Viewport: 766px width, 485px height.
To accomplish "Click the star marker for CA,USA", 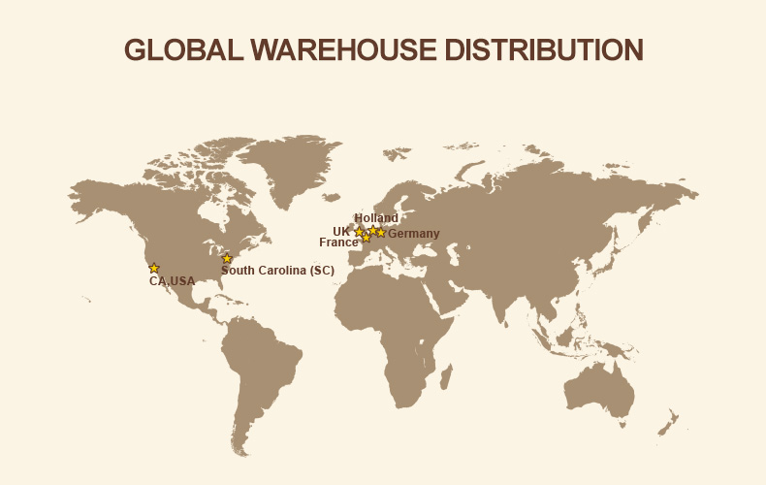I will (154, 268).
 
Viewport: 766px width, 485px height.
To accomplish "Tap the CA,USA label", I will (172, 281).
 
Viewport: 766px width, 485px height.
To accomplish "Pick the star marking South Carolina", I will (227, 258).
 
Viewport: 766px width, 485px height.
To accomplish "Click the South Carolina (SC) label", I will (277, 271).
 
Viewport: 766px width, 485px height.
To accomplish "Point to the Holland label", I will (376, 218).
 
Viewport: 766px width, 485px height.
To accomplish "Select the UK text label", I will (341, 232).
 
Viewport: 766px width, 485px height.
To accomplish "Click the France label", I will (338, 242).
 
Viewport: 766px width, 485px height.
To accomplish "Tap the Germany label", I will (414, 234).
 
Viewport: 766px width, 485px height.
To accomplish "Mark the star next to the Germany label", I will (381, 233).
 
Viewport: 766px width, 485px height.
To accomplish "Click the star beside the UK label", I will (359, 232).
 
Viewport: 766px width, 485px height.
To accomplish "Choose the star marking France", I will (366, 238).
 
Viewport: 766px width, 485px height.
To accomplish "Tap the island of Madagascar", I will (445, 373).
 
